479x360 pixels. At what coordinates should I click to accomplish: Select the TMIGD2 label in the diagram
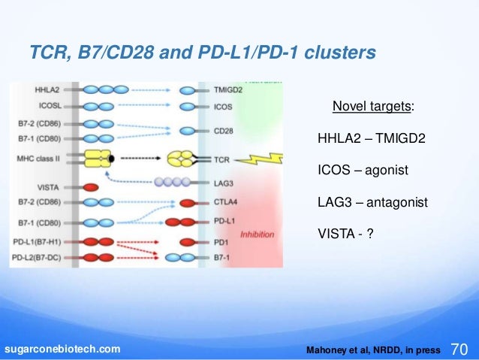click(x=227, y=89)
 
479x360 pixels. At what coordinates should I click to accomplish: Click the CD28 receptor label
click(x=224, y=132)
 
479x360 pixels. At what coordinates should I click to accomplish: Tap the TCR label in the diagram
click(x=221, y=159)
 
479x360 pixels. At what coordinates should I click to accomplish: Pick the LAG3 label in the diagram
click(x=223, y=183)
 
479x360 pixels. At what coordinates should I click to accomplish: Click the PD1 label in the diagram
click(x=221, y=242)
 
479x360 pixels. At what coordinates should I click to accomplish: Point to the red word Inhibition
click(x=257, y=234)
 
